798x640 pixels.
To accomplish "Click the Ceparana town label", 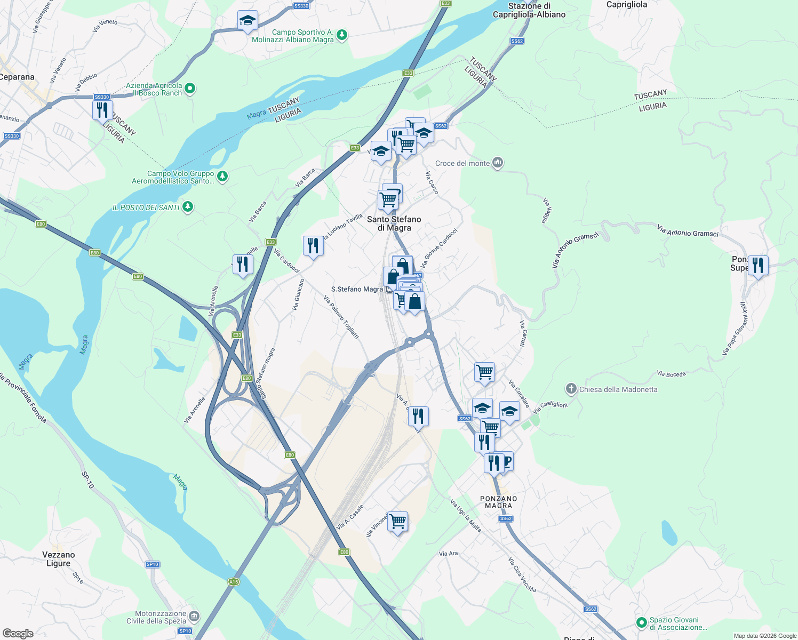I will tap(17, 77).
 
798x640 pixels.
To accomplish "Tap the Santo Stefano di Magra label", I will tap(394, 223).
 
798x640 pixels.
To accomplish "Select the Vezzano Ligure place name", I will tap(59, 559).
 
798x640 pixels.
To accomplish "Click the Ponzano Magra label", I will tap(499, 502).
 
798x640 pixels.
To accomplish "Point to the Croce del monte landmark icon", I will tap(498, 163).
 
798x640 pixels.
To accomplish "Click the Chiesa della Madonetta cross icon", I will tap(571, 389).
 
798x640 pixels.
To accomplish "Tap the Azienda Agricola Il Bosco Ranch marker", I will tap(190, 89).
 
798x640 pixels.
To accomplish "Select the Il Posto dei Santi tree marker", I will tap(187, 207).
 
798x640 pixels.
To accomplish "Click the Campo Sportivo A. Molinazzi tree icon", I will tap(342, 36).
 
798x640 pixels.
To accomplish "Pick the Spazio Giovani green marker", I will tap(642, 622).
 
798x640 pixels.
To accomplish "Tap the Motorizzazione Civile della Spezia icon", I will tap(194, 617).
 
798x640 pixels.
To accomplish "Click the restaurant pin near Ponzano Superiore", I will tap(758, 265).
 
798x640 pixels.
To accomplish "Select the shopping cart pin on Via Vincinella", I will tap(398, 522).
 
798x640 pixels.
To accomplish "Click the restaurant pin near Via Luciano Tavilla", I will tap(313, 246).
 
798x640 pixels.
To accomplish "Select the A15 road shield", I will tap(233, 582).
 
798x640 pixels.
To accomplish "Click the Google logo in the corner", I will tap(18, 634).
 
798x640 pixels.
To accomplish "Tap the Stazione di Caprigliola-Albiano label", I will tap(529, 10).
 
